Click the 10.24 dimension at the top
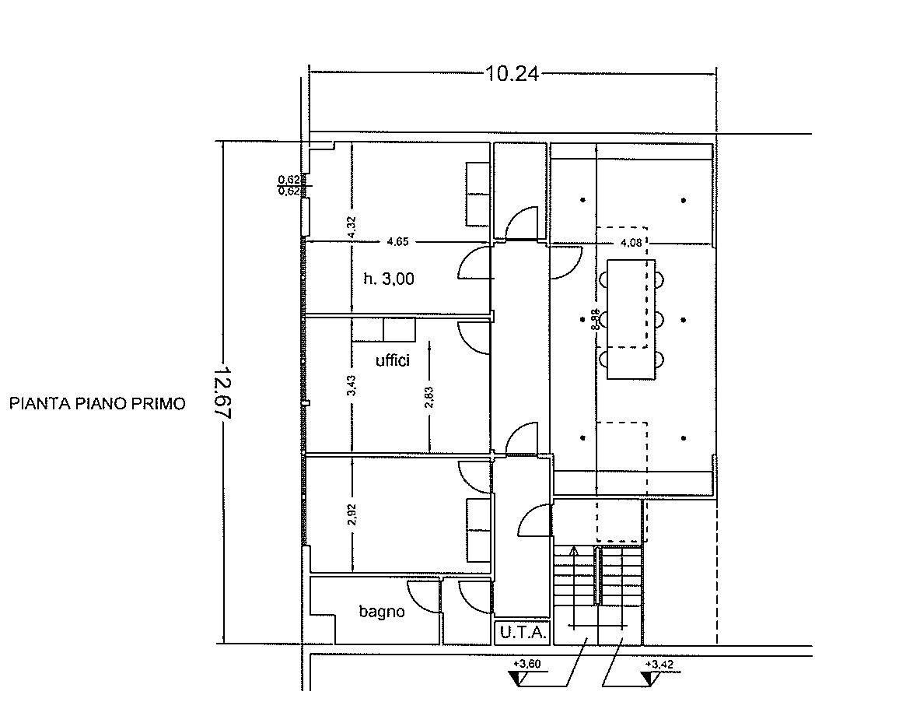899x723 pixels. coord(512,74)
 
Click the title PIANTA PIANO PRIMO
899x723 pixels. coord(97,404)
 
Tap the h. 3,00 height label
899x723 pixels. coord(389,279)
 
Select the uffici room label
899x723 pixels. coord(393,360)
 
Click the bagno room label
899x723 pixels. coord(382,612)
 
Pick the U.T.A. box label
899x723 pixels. coord(523,633)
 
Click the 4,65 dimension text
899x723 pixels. coord(398,241)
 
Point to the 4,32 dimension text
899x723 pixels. coord(352,226)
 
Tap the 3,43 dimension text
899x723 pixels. coord(352,385)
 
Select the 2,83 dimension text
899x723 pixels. coord(429,398)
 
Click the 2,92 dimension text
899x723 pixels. coord(352,514)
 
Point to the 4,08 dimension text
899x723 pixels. coord(631,243)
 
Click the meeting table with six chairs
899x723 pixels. coord(631,319)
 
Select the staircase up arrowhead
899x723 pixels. coord(573,552)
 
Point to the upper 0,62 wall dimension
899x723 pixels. coord(289,180)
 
